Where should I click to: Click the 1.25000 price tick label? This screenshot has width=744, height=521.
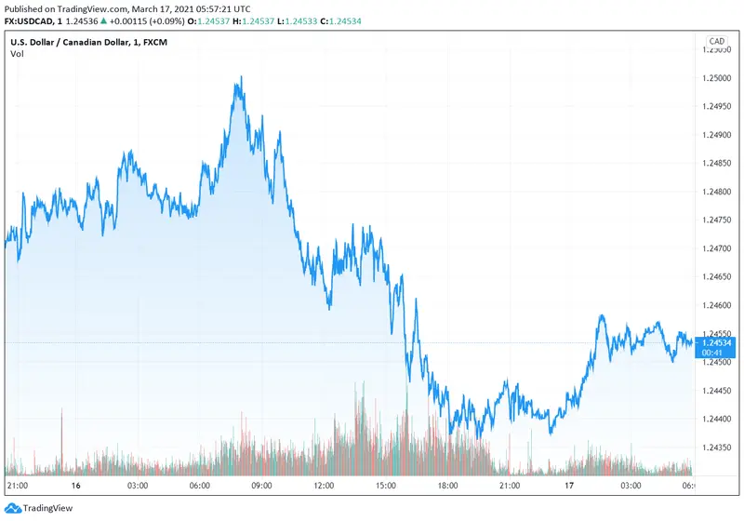[x=716, y=79]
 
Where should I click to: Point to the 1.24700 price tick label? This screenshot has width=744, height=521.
[x=716, y=248]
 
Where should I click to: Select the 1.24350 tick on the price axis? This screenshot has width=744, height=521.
[x=716, y=448]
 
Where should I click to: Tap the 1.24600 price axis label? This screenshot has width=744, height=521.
[x=716, y=305]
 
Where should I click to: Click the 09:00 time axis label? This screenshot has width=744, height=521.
[x=260, y=486]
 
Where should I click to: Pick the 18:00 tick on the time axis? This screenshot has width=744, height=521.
[x=449, y=486]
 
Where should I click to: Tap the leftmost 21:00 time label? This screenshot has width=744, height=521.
[x=18, y=486]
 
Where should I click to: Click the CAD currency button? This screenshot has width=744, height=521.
[x=716, y=41]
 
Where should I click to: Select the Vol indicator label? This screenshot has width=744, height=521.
[x=18, y=54]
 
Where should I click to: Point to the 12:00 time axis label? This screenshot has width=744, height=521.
[x=324, y=486]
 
